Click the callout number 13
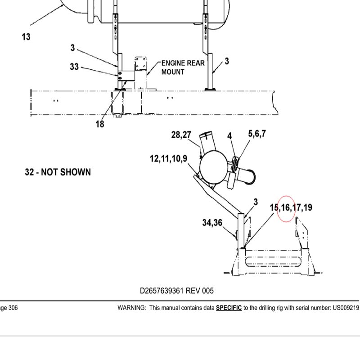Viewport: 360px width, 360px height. (26, 37)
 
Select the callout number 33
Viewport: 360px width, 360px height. (74, 67)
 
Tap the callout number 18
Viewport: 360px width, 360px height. (100, 124)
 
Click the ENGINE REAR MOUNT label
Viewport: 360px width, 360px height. (183, 67)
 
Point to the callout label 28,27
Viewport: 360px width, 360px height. (181, 135)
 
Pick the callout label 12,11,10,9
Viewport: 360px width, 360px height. (168, 159)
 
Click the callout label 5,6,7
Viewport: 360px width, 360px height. (257, 134)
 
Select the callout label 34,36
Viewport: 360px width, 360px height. (212, 222)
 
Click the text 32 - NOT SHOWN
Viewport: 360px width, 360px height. (58, 172)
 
